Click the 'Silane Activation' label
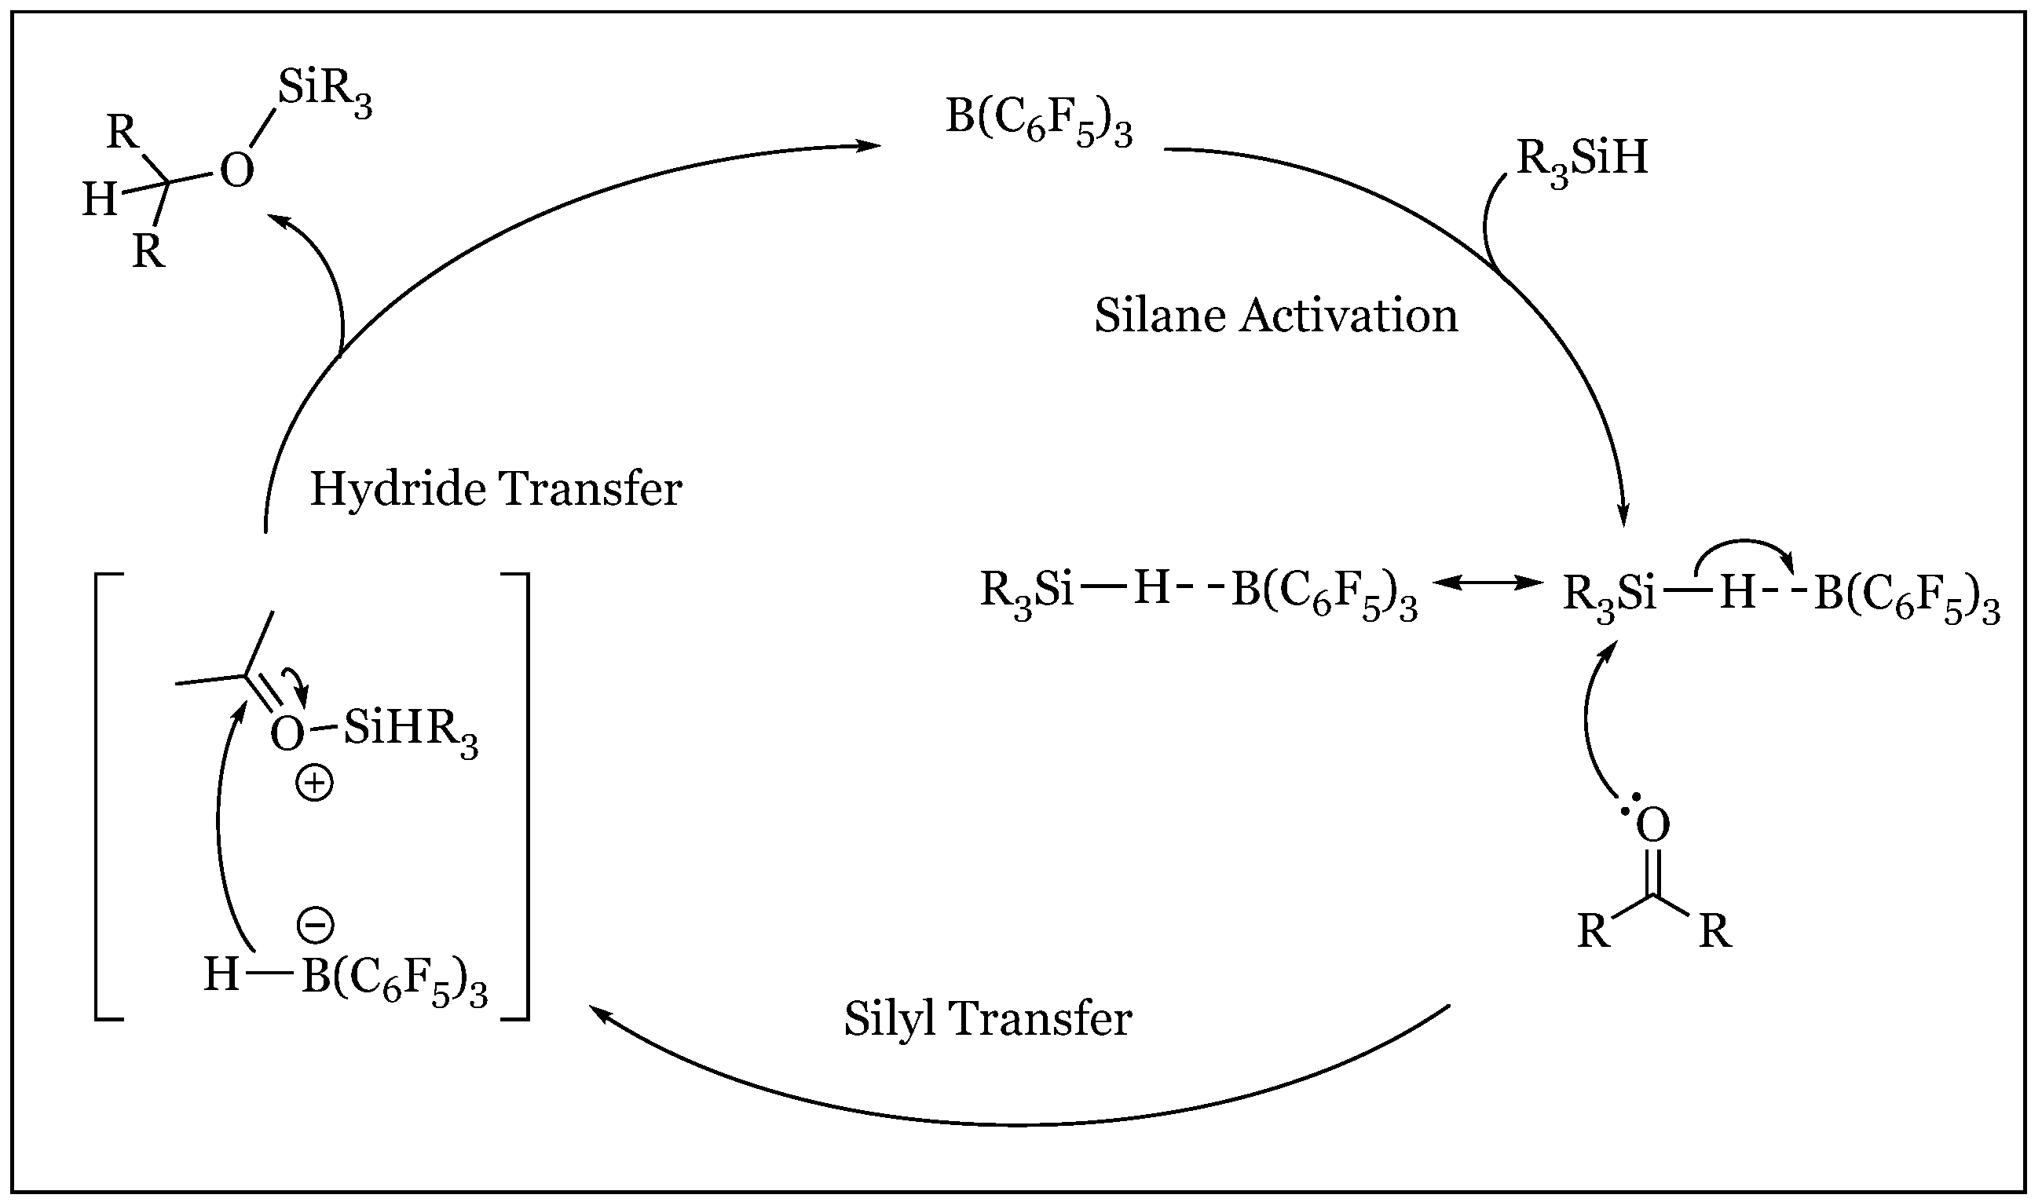[1276, 316]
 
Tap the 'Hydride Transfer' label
[496, 489]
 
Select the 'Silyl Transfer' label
[988, 1019]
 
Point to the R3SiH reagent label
[1582, 159]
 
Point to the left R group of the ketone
[1594, 932]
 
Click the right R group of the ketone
[1714, 932]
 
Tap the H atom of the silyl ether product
[101, 199]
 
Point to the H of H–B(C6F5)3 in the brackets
[221, 974]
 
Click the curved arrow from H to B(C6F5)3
[1742, 547]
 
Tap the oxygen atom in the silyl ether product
[236, 172]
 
